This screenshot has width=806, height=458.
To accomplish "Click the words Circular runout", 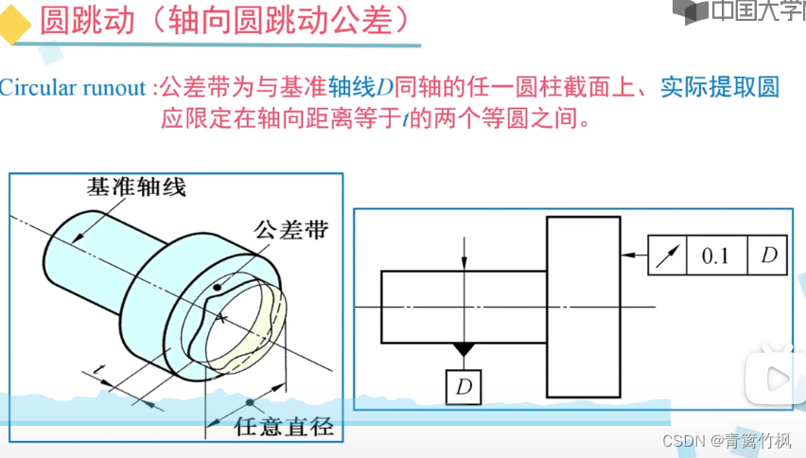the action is click(73, 88).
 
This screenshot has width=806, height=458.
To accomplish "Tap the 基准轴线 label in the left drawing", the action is click(135, 186).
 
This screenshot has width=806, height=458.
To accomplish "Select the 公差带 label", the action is click(291, 230).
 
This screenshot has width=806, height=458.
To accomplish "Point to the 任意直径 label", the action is click(284, 427).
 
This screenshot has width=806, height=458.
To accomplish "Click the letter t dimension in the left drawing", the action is click(99, 369).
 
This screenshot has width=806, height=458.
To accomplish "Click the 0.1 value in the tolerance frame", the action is click(715, 255).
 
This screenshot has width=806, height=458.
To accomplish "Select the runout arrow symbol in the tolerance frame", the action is click(667, 256).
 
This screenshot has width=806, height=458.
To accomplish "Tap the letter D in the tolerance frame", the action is click(769, 255).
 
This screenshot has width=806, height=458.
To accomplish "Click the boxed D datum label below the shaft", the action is click(464, 387).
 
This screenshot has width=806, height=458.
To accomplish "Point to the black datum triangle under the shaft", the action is click(464, 349).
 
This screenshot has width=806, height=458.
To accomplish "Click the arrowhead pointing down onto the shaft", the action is click(464, 262).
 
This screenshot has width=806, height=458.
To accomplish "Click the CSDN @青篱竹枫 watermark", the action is click(727, 441).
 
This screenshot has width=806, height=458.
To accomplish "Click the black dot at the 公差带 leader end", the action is click(218, 288).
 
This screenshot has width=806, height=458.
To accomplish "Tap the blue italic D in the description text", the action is click(384, 88).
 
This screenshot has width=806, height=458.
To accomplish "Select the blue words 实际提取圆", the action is click(720, 87).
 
